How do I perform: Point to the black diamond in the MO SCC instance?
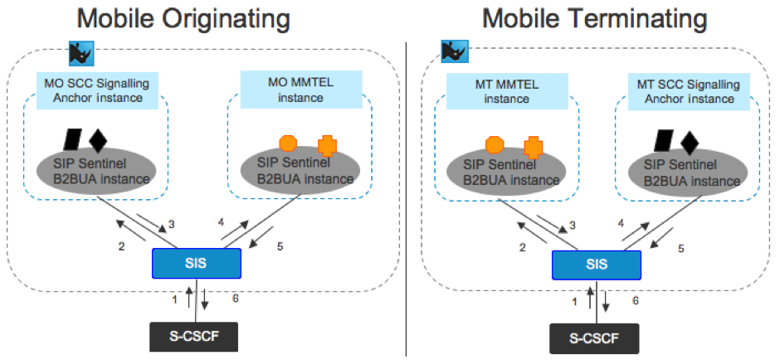point(99,139)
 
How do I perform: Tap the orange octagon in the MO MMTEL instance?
point(288,143)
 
